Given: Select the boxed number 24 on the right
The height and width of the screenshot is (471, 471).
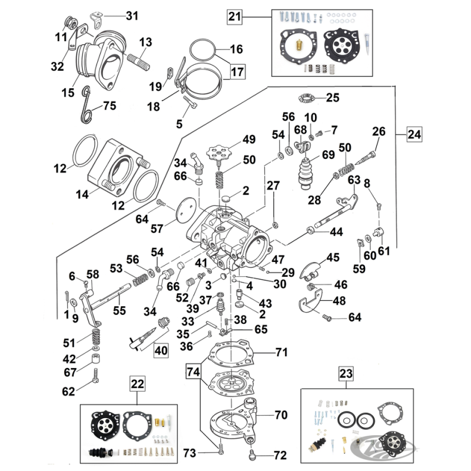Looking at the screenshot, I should (414, 135).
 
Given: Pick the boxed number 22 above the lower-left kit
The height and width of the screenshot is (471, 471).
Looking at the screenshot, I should (137, 383).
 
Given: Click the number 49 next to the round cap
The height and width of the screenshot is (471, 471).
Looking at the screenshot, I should (248, 140).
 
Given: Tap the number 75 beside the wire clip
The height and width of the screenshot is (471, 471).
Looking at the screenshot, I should (109, 107).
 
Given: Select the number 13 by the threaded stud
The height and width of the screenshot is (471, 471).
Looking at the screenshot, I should (145, 42).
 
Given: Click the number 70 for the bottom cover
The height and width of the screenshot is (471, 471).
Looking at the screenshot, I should (280, 414).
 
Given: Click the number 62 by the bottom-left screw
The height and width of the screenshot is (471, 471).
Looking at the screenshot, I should (69, 390).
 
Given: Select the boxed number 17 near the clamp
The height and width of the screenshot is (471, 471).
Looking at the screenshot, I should (237, 72).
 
